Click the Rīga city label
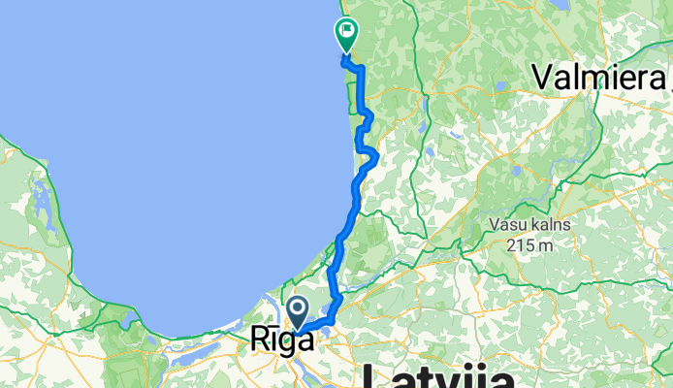282,340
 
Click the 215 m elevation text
529,244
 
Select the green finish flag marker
345,35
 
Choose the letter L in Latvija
373,376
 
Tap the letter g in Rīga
290,343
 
